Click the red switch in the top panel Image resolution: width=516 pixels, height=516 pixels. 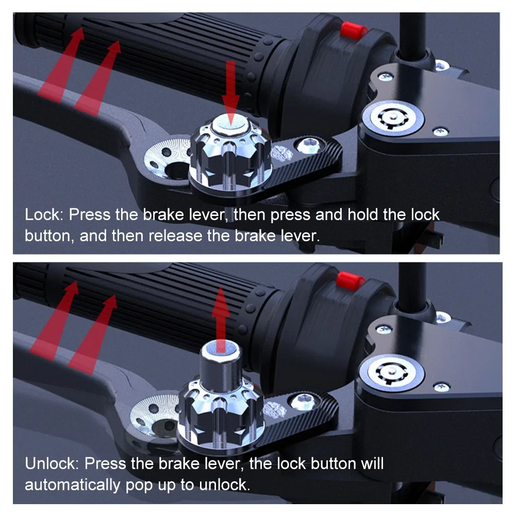coord(354,31)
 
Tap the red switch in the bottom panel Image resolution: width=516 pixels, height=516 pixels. coord(350,281)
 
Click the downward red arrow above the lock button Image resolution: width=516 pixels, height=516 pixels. coord(230,93)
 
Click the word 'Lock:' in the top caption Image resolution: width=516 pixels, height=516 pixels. coord(44,214)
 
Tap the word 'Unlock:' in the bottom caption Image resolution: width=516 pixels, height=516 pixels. coord(52,463)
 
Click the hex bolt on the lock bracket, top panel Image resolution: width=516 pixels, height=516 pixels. coord(308,145)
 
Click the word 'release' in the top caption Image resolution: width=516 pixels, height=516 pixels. coord(175,236)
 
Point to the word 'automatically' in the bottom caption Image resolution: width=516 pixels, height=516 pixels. coord(73,485)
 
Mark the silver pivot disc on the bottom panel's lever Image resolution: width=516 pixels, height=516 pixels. coord(155,415)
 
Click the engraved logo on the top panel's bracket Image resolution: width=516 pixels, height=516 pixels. coord(281,152)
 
